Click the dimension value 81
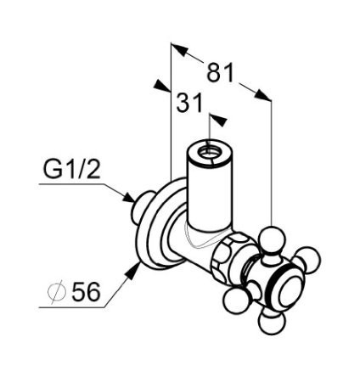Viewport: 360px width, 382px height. click(221, 72)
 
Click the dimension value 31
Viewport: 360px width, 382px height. click(189, 102)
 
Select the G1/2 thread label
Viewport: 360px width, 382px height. click(71, 169)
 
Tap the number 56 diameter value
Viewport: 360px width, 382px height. click(86, 291)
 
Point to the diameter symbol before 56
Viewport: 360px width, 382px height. click(57, 291)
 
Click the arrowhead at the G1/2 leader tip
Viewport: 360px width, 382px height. click(130, 197)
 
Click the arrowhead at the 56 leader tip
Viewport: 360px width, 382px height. click(133, 271)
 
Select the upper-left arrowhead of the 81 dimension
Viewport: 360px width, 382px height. click(179, 49)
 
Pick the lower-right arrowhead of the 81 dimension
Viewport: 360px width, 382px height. click(263, 95)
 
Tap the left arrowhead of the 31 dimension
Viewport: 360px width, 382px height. click(162, 86)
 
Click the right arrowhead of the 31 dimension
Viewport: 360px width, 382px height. click(219, 120)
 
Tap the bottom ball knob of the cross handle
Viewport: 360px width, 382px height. click(271, 322)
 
